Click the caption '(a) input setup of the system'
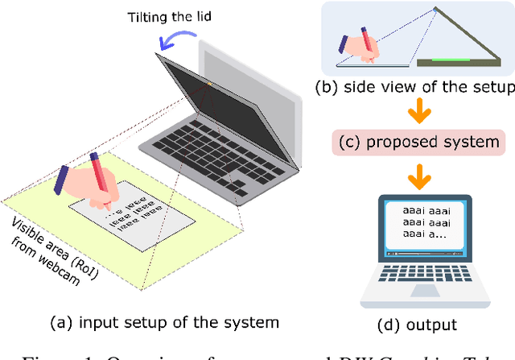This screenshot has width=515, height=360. (x=164, y=323)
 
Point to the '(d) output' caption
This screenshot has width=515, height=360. (x=417, y=325)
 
